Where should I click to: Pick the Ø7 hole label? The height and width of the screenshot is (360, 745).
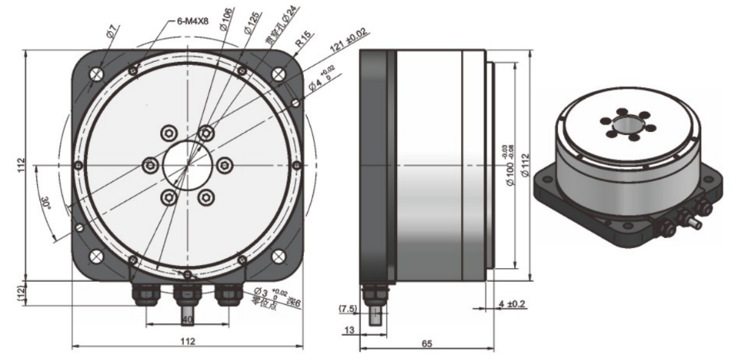coord(111,32)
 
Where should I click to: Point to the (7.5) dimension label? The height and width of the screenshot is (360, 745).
coord(347,308)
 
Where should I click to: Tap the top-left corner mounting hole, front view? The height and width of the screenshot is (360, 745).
coord(96,73)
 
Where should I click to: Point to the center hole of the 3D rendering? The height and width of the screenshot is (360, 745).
coord(626,124)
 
